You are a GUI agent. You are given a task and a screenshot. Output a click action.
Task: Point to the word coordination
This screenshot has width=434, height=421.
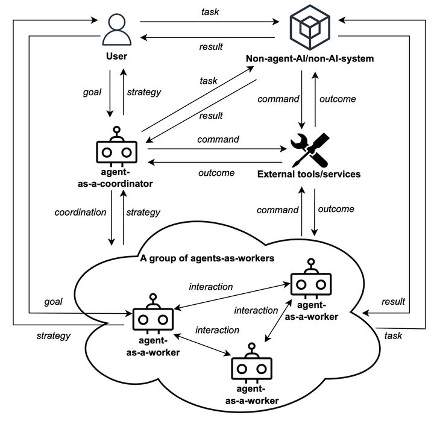click(81, 213)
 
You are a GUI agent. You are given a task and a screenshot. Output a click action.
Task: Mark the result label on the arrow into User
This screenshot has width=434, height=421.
click(211, 46)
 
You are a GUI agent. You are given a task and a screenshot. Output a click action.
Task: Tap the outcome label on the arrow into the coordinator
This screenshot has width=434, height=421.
click(216, 173)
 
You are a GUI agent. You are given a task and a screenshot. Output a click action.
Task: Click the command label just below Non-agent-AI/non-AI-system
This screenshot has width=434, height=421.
click(278, 99)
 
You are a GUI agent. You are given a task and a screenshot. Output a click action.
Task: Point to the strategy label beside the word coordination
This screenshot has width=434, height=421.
click(143, 213)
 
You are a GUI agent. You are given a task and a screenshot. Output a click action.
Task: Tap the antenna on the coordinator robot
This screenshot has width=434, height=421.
click(116, 129)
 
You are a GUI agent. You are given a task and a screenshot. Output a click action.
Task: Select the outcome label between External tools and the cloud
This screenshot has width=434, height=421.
click(336, 210)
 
